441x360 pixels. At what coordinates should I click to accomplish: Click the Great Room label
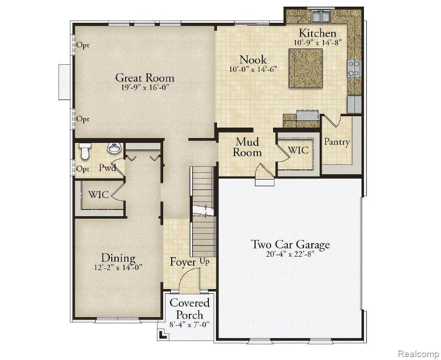(145, 78)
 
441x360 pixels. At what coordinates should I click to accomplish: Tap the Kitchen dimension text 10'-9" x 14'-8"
(318, 43)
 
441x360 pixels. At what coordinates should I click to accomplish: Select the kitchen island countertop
(305, 68)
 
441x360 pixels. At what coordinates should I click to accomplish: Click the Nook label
(253, 60)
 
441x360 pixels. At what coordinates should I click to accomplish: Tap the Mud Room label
(247, 147)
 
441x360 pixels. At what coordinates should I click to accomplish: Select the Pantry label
(337, 141)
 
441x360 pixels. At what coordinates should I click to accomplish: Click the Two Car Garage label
(290, 244)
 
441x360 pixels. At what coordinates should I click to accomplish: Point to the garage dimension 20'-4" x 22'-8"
(290, 254)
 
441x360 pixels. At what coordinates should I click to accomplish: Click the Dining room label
(118, 258)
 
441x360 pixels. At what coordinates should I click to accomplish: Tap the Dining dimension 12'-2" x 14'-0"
(118, 267)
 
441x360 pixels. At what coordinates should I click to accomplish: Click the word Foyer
(183, 262)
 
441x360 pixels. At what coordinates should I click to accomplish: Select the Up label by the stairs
(205, 262)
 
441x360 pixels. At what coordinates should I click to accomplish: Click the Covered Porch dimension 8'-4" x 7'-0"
(190, 325)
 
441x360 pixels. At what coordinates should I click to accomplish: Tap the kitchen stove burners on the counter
(354, 68)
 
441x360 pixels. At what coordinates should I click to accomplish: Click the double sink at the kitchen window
(320, 16)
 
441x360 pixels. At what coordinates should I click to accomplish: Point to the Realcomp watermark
(419, 353)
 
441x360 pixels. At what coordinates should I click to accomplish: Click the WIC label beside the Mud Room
(298, 150)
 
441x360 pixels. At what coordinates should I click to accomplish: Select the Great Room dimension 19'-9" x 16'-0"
(145, 87)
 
